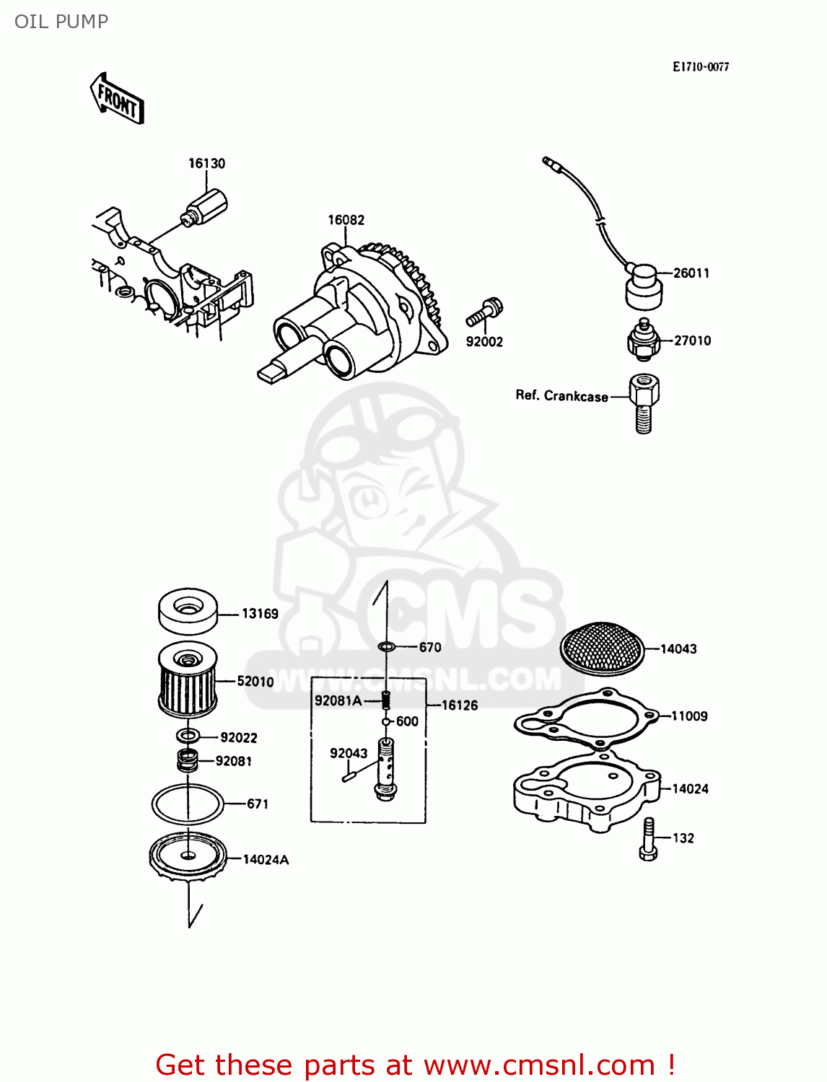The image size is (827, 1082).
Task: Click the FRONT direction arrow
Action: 117,99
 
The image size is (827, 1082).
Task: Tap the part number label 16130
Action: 206,164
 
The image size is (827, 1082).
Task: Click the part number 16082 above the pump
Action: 346,220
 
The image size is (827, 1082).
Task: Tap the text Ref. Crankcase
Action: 561,396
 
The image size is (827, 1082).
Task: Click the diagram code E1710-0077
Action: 700,67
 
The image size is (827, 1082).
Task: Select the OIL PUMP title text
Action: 61,22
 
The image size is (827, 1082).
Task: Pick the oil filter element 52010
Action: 188,682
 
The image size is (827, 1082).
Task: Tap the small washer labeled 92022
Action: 188,736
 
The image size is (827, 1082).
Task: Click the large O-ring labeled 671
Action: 188,803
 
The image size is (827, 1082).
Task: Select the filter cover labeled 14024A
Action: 188,858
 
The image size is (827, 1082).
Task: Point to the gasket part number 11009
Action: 689,716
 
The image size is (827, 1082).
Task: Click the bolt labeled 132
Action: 648,840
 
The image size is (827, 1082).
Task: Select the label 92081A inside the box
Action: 338,700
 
